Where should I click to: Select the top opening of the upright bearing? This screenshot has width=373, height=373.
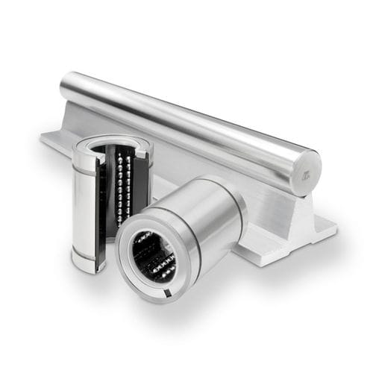pyautogui.click(x=112, y=142)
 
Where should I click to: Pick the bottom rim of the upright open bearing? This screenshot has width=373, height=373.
pyautogui.click(x=93, y=265)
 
